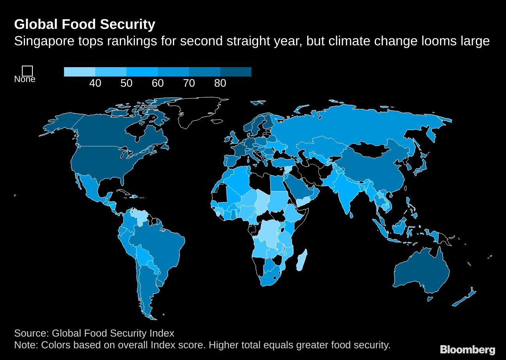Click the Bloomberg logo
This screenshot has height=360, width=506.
click(467, 349)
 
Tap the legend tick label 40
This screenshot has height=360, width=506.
click(95, 83)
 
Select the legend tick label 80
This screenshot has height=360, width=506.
click(220, 83)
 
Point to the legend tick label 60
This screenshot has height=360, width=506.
click(158, 83)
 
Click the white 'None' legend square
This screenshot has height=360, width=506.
click(27, 71)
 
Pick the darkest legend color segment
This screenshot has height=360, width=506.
click(236, 72)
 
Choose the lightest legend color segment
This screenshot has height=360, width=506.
click(80, 72)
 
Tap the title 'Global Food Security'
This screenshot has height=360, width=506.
click(84, 24)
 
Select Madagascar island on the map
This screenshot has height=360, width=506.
click(301, 260)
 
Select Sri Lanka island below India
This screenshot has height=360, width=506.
click(351, 214)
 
